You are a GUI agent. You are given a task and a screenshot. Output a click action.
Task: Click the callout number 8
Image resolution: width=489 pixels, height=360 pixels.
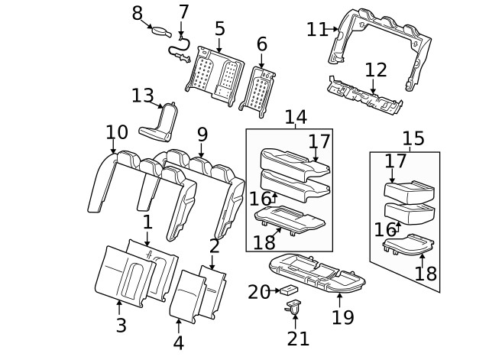(138, 13)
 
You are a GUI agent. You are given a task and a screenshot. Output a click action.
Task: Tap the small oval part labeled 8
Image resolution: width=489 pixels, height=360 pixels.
(162, 31)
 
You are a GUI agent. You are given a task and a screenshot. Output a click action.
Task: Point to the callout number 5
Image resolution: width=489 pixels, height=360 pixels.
(219, 29)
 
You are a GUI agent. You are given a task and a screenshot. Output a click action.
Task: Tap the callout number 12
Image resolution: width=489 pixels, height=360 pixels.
(375, 70)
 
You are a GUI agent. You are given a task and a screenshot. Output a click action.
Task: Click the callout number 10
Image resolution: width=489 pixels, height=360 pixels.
(116, 131)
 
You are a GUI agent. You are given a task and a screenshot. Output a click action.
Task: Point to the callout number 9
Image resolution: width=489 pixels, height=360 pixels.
(202, 135)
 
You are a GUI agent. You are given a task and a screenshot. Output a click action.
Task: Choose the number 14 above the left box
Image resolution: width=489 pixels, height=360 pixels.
(296, 117)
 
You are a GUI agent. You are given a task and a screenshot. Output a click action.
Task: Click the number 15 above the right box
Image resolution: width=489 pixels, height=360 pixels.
(413, 138)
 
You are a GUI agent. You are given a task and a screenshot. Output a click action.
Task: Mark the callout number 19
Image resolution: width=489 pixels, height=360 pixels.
(342, 316)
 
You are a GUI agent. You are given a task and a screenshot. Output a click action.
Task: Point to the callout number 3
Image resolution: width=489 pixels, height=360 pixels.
(121, 325)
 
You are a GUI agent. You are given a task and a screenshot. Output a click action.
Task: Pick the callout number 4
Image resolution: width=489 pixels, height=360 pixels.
(178, 342)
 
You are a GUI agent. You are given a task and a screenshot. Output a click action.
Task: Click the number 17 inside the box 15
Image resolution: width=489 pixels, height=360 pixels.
(395, 161)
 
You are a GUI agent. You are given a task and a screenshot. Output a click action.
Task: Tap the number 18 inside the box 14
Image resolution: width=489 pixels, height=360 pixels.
(264, 242)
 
